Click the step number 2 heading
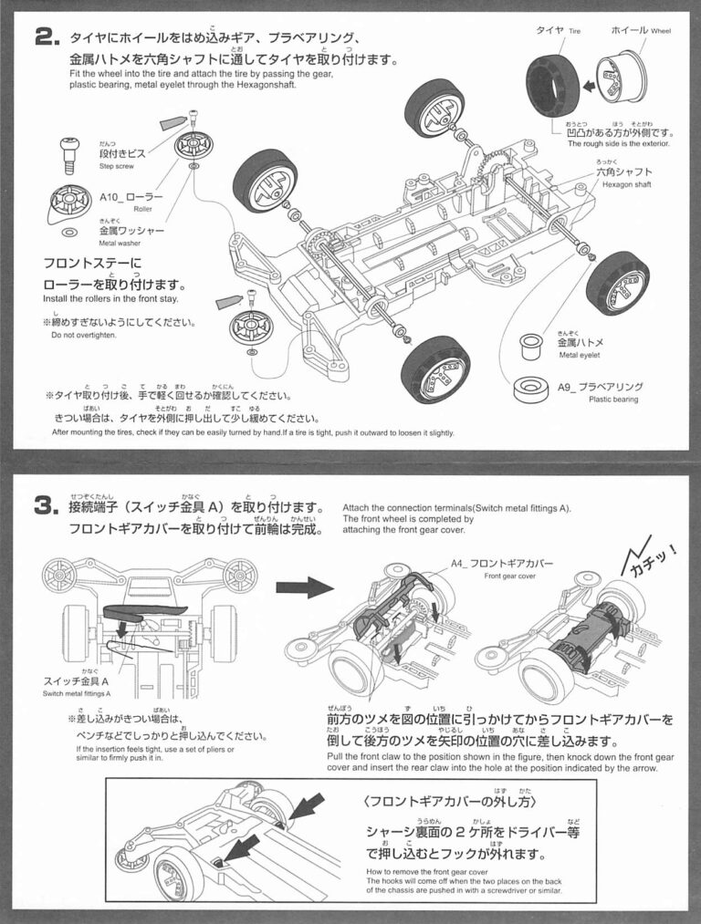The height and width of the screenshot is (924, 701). pos(47,37)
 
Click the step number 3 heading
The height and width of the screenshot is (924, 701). pos(47,506)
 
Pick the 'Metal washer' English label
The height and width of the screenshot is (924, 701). pos(123,244)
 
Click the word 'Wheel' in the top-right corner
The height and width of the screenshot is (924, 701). pos(661,31)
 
